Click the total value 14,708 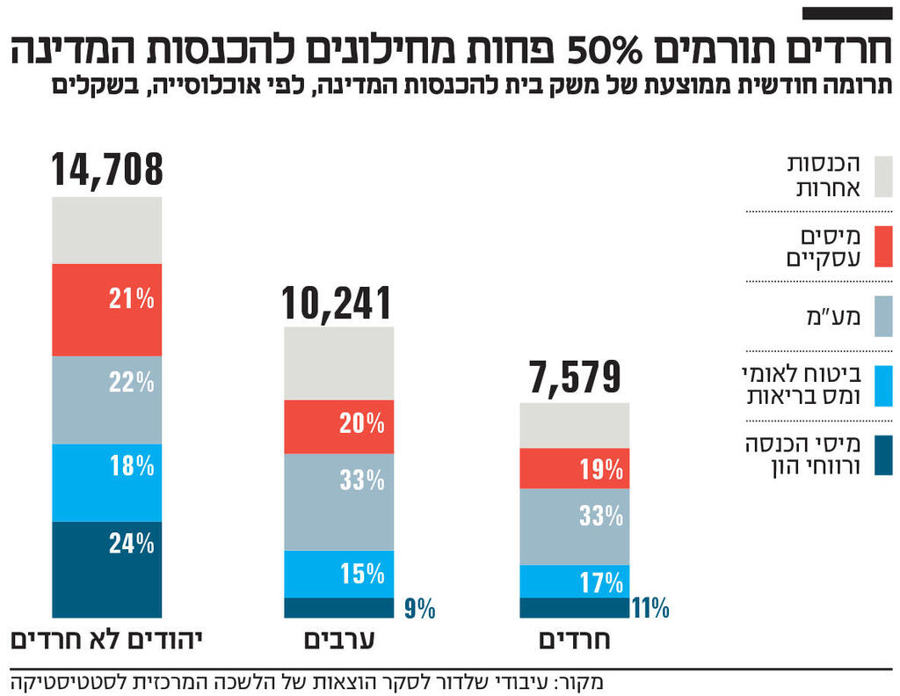107,170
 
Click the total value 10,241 337,303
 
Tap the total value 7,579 574,377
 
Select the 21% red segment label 132,299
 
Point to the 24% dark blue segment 107,569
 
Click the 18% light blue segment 107,482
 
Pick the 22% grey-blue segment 107,399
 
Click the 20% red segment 339,427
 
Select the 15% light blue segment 339,574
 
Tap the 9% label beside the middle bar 419,609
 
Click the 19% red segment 575,468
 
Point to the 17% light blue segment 575,581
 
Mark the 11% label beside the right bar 650,608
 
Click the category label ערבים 339,640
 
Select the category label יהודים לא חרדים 106,640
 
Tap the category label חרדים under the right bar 575,640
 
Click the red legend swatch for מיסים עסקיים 883,246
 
